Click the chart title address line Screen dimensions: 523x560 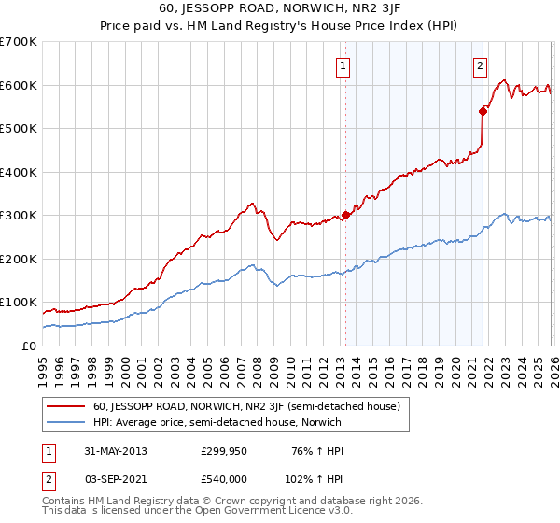[x=280, y=10]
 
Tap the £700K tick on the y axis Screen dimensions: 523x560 [x=19, y=42]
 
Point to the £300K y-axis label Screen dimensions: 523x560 [x=19, y=216]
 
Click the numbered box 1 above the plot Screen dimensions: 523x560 [x=344, y=66]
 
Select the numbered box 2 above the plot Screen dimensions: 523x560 [x=480, y=66]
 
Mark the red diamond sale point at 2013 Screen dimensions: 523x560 [x=345, y=215]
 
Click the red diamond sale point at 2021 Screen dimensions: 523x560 [x=483, y=111]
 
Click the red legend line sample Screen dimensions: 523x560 [x=65, y=406]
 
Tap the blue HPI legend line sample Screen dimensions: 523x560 [x=65, y=422]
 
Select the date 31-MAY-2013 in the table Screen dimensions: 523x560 [x=115, y=450]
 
